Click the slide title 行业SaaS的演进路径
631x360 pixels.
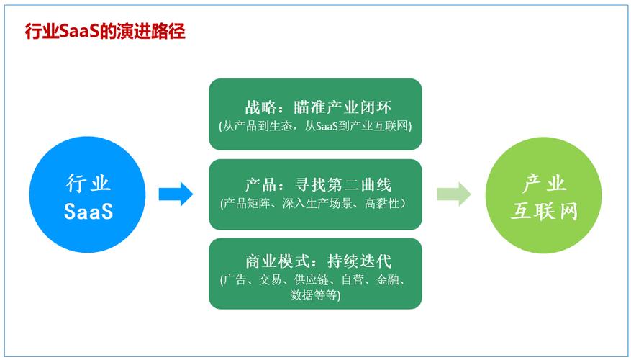pos(105,32)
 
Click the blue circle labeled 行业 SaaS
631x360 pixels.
pos(88,196)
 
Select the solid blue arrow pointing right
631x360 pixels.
pos(176,193)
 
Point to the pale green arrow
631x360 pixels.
pos(453,193)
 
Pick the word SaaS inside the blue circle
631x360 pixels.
pos(88,212)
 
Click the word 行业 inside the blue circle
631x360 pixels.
pos(88,183)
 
